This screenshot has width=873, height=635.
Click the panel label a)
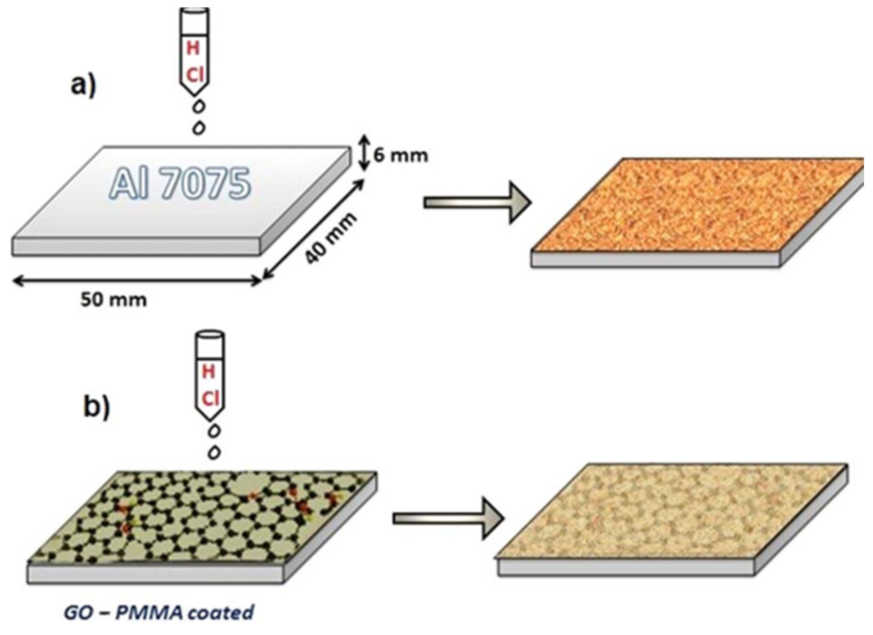[83, 86]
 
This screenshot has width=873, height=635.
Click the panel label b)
[97, 407]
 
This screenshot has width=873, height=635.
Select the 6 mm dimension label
[400, 155]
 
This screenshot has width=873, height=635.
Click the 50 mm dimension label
[113, 300]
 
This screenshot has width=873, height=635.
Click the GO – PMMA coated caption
[159, 612]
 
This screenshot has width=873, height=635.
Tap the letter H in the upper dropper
[193, 48]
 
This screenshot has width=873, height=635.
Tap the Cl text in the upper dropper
[195, 76]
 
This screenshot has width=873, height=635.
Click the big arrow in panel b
[448, 519]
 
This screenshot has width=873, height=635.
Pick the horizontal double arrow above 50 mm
[137, 281]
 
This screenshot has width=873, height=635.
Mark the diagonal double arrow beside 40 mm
[313, 230]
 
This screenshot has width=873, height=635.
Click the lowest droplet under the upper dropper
[199, 128]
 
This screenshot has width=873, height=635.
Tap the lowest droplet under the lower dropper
[214, 452]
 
